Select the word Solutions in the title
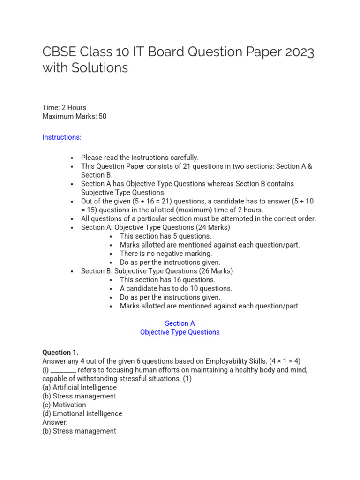coord(100,68)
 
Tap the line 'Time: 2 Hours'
coord(64,107)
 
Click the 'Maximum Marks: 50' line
coord(74,116)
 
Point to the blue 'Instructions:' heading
coord(62,137)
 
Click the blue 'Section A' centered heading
coord(180,323)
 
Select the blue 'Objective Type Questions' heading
coord(180,332)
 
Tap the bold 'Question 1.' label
coord(60,352)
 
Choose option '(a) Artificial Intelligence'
coord(79,387)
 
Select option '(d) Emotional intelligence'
coord(82,413)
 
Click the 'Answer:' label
coord(55,422)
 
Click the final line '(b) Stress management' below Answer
coord(79,431)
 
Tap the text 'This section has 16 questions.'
coord(167,280)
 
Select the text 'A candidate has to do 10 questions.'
coord(176,288)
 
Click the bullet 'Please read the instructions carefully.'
coord(140,157)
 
